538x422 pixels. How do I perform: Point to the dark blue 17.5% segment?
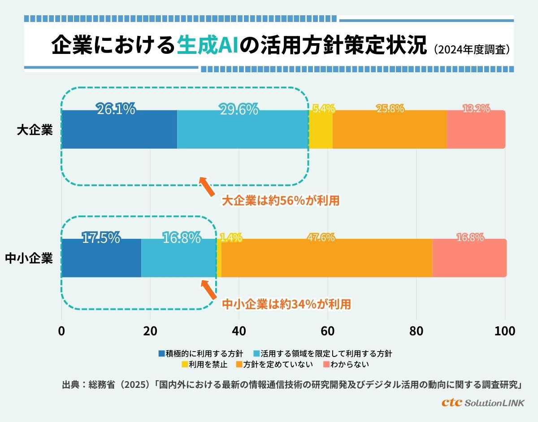[x=101, y=258]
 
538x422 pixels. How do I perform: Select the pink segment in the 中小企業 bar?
[x=469, y=258]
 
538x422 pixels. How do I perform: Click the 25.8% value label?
[x=389, y=109]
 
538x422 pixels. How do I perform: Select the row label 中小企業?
[x=29, y=259]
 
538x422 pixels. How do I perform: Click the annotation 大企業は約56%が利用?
[x=281, y=201]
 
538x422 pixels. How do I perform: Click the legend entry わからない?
[x=346, y=365]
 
